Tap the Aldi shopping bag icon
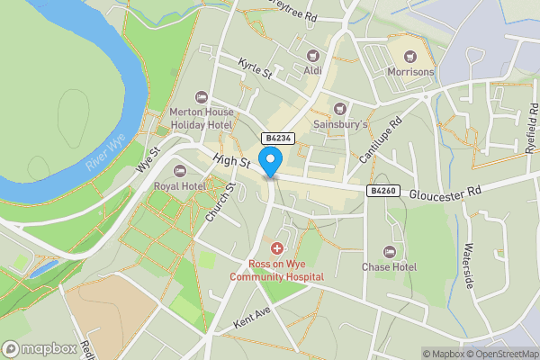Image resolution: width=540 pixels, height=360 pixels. click(313, 56)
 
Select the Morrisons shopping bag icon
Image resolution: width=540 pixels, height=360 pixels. click(411, 56)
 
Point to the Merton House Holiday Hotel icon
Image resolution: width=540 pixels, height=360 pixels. click(201, 97)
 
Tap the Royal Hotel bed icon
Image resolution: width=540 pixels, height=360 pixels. click(178, 171)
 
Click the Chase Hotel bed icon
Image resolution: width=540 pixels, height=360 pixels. click(389, 251)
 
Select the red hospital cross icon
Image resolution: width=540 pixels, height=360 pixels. click(276, 247)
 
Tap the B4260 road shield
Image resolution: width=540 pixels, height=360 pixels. click(381, 191)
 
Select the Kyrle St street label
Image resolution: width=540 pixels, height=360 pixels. click(255, 68)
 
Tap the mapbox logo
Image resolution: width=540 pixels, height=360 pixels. click(39, 348)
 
